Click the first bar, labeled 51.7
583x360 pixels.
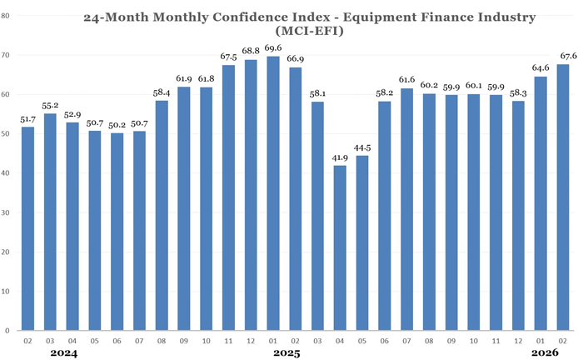pyautogui.click(x=27, y=228)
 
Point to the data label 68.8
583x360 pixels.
pyautogui.click(x=251, y=52)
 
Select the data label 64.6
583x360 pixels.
pyautogui.click(x=540, y=68)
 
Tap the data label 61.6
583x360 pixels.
pyautogui.click(x=406, y=80)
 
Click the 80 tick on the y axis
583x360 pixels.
pyautogui.click(x=7, y=16)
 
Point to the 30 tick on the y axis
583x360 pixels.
pyautogui.click(x=7, y=212)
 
